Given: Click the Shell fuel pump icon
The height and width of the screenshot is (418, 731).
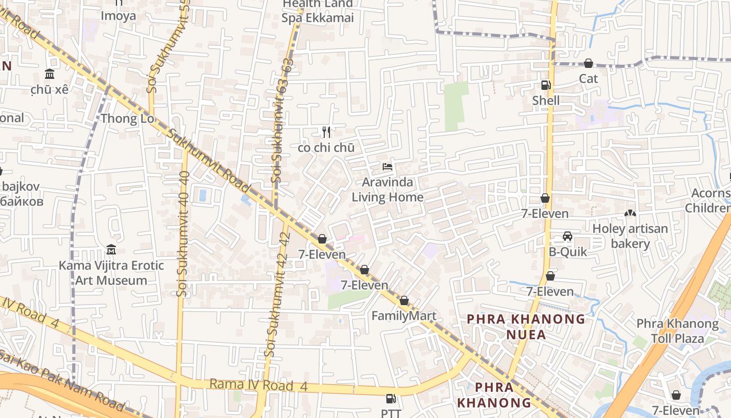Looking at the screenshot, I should (x=546, y=85).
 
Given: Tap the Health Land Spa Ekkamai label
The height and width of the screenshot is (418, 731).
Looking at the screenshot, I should (x=318, y=11).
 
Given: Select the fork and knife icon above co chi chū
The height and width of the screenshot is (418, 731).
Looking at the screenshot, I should (x=326, y=132).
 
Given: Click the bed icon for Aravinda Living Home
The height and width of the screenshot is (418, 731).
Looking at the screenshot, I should (x=387, y=167).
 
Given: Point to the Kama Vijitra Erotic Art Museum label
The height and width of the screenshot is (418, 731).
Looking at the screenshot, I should (x=111, y=273).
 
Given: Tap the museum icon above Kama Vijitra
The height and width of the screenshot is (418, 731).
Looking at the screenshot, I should (x=111, y=249).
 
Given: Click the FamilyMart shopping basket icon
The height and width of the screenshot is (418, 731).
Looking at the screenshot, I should (x=404, y=301).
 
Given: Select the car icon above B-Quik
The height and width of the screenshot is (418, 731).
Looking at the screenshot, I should (x=568, y=236).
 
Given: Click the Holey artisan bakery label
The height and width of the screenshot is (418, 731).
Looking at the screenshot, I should (x=630, y=236).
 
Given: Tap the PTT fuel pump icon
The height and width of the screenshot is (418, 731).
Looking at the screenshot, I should (x=391, y=399).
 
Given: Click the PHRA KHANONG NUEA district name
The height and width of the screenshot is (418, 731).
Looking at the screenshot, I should (x=526, y=327).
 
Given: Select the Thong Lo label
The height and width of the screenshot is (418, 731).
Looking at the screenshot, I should (x=127, y=119).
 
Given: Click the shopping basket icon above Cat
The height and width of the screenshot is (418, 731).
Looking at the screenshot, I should (x=588, y=63).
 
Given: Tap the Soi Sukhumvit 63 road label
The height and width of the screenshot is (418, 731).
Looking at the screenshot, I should (x=281, y=120).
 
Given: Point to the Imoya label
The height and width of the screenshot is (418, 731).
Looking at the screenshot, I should (x=119, y=16).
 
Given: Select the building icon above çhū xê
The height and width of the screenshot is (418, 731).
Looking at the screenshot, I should (x=50, y=74).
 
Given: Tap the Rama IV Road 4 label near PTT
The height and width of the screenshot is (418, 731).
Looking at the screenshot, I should (x=258, y=386).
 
